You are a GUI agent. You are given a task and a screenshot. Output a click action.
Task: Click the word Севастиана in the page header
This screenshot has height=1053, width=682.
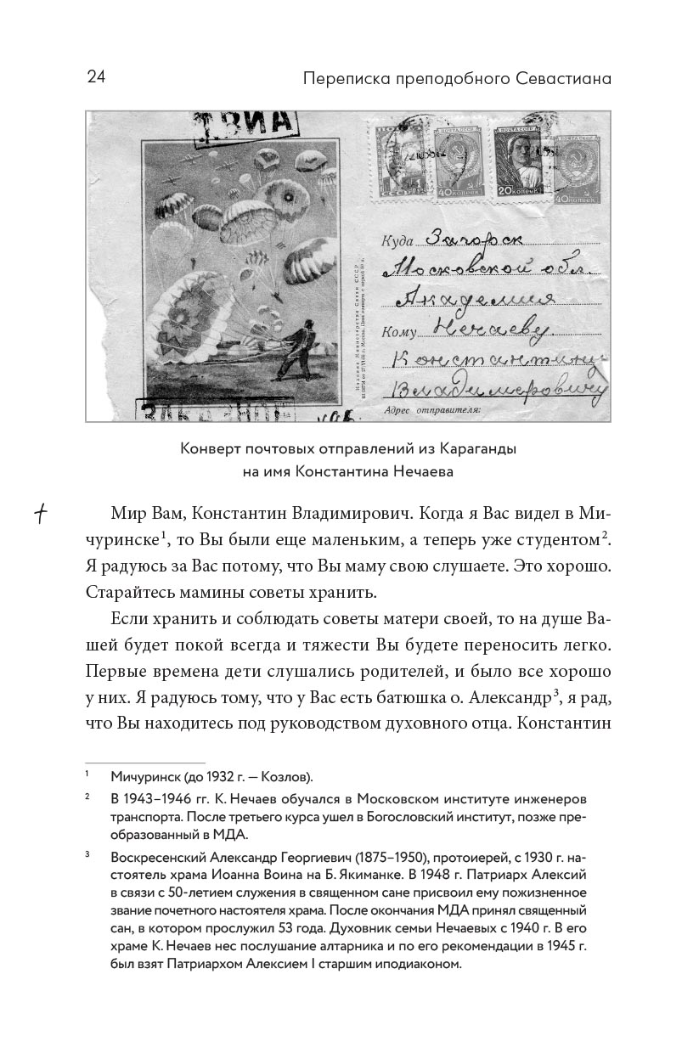click(564, 79)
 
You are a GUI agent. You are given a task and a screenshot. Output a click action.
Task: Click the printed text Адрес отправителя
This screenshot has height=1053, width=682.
click(432, 409)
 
